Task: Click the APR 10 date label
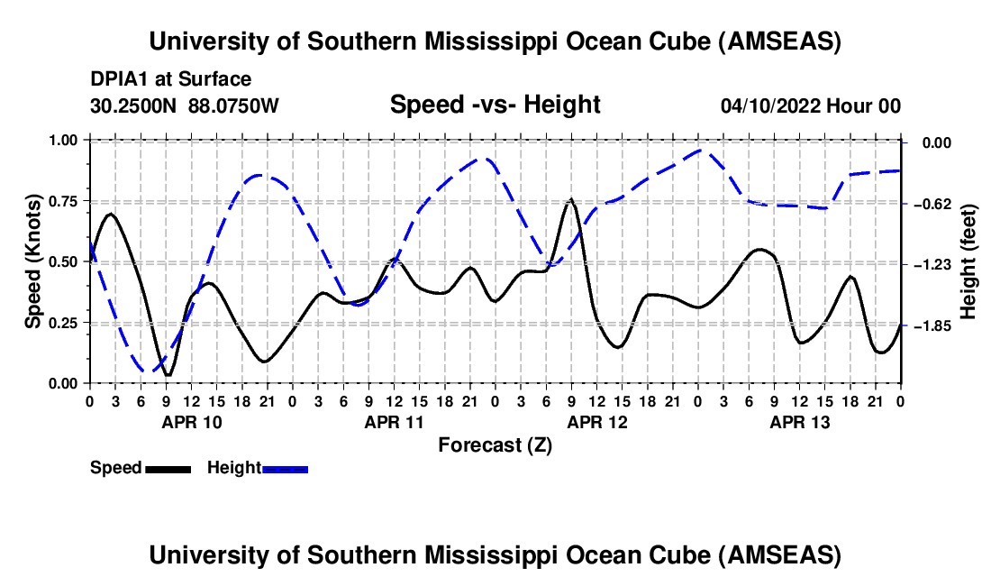(190, 422)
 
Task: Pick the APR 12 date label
(596, 422)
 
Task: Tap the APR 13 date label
(799, 422)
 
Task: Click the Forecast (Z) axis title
(495, 444)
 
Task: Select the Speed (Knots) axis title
(33, 261)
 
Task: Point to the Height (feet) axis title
(968, 261)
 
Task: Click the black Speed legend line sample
(168, 469)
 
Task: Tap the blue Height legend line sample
(285, 469)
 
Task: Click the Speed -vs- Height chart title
(495, 105)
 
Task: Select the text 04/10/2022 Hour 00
(811, 106)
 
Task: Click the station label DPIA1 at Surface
(171, 79)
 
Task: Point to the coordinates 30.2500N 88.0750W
(185, 106)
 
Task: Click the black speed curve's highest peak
(570, 199)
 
